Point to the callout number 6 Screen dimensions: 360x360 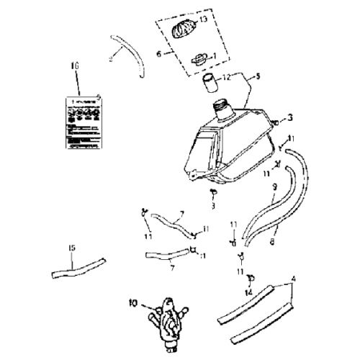point(159,53)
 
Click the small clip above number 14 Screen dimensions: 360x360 point(251,277)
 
